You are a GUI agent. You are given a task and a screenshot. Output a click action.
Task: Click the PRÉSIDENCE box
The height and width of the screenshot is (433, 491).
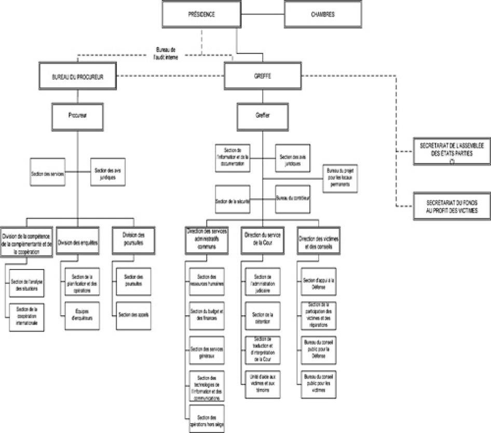[201, 15]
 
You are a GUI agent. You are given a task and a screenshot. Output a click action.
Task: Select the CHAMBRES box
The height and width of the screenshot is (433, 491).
[323, 15]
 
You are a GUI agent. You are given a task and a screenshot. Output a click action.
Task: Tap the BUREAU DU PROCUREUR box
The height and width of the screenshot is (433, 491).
[77, 76]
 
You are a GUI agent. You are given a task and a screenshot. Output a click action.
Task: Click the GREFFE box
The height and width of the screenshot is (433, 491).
[263, 76]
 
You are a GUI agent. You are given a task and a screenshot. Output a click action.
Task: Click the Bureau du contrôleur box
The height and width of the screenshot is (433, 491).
[292, 199]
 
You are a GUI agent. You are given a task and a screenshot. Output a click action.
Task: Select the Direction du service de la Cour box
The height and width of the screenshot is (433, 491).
[262, 239]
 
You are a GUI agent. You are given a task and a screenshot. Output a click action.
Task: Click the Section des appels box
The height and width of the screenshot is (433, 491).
[134, 314]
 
